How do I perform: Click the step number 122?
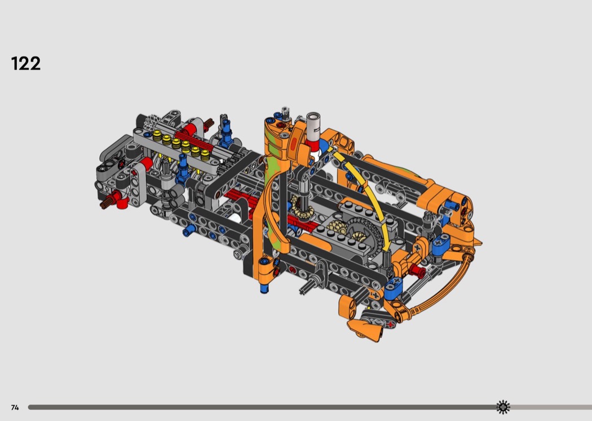click(x=26, y=64)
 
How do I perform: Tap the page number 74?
click(x=15, y=407)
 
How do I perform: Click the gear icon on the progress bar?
click(x=503, y=407)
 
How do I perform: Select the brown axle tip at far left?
click(x=104, y=204)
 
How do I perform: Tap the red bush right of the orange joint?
click(x=417, y=269)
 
